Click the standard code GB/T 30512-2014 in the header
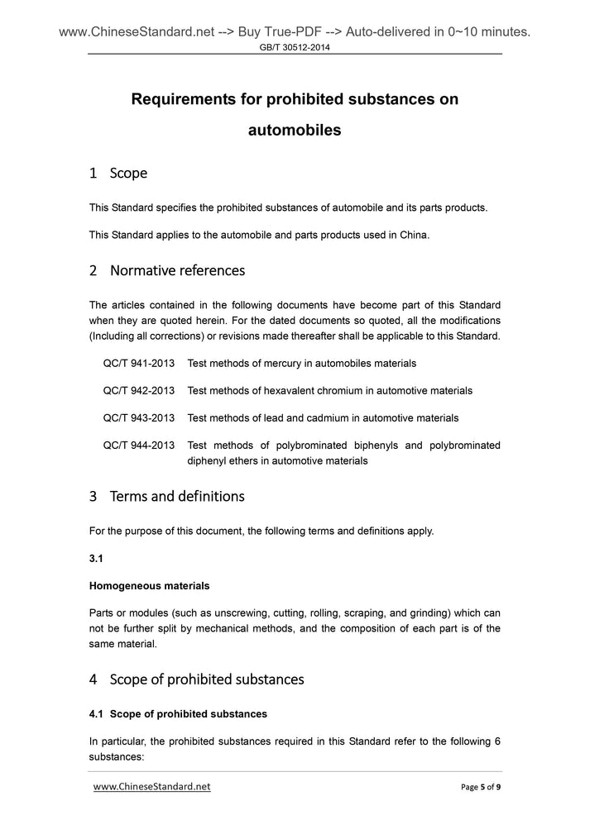tap(295, 47)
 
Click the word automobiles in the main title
tap(295, 130)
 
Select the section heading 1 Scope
tap(118, 173)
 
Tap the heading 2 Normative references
tap(166, 270)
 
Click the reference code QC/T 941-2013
tap(138, 363)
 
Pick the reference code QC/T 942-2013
tap(138, 390)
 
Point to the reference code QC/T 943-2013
tap(138, 417)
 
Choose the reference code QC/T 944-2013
tap(138, 445)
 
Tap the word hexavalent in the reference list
tap(289, 390)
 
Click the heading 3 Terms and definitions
tap(166, 497)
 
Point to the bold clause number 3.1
tap(97, 558)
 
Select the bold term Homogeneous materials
tap(149, 585)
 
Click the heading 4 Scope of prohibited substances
tap(196, 679)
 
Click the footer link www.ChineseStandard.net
tap(152, 787)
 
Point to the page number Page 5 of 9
tap(481, 787)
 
